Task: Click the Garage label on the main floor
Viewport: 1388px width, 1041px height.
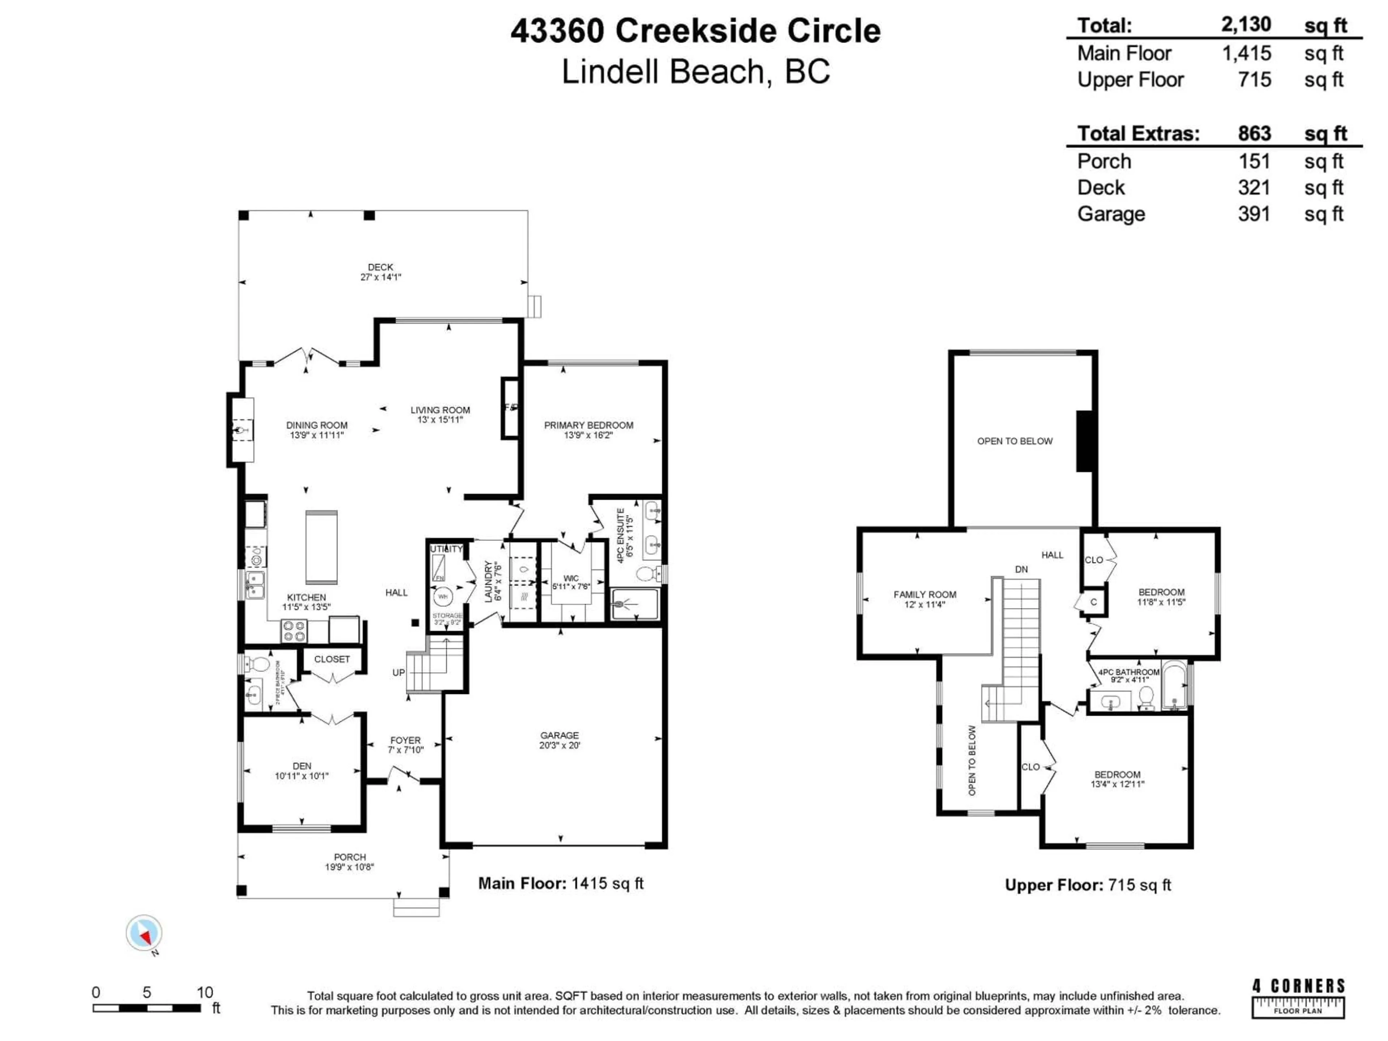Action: point(559,736)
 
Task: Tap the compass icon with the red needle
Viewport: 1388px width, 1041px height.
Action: point(144,933)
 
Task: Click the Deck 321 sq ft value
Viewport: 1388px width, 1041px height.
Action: point(1254,188)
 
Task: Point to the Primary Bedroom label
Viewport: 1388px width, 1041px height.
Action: point(588,425)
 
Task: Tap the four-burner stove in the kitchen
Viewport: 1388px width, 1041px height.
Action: point(293,630)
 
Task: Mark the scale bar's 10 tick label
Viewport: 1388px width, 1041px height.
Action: point(205,992)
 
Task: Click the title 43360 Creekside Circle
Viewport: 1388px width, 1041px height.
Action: point(695,31)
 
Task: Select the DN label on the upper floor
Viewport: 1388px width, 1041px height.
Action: point(1021,570)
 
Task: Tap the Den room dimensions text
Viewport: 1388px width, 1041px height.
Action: point(302,776)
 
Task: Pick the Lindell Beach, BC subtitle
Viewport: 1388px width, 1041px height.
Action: point(695,72)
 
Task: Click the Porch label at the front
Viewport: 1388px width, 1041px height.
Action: point(350,857)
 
